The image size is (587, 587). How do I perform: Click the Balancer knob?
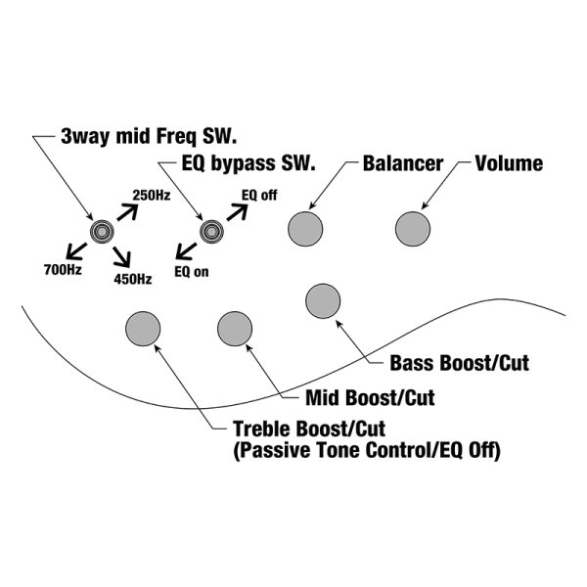(305, 229)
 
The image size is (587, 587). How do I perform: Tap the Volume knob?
(413, 229)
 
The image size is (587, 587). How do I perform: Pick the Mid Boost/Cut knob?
(235, 328)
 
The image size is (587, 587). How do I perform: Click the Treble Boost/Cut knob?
(143, 329)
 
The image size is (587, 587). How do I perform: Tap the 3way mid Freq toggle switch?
(101, 231)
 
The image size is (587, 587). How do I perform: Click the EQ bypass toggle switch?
(210, 231)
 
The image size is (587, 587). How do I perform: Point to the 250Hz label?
(152, 197)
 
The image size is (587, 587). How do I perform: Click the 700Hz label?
(62, 268)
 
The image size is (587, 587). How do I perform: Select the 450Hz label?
(132, 279)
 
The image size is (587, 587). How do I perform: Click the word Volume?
(509, 163)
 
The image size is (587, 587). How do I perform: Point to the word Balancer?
(402, 163)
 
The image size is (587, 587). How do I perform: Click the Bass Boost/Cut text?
(459, 363)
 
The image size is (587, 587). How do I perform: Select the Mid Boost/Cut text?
(370, 398)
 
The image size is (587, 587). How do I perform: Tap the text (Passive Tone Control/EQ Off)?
(367, 450)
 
